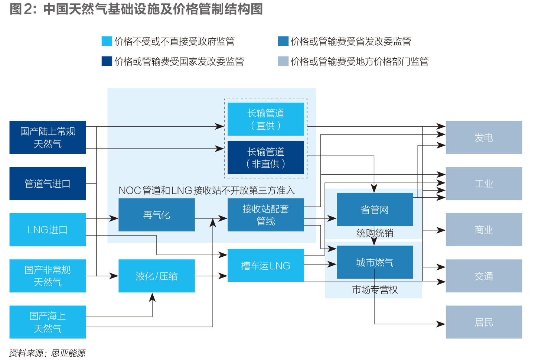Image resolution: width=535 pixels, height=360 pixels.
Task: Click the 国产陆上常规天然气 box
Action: tap(48, 137)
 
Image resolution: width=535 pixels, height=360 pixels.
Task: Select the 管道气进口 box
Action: tap(48, 184)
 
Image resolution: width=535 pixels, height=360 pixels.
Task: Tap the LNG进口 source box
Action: tap(48, 230)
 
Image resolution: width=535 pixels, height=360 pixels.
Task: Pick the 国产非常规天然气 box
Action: tap(48, 276)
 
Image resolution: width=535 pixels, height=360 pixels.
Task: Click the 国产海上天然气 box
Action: tap(48, 322)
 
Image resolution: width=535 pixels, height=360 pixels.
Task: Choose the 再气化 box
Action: tap(157, 215)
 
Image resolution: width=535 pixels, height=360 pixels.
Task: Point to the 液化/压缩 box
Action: tap(157, 276)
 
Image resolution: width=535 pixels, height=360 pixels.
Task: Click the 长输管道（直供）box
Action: tap(266, 119)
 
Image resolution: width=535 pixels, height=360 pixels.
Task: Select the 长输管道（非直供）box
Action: tap(266, 158)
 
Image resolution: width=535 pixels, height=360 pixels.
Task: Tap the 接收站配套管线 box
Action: tap(266, 215)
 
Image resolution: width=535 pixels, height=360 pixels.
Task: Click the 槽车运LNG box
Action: tap(266, 265)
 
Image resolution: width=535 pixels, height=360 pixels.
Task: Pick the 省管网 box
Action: tap(375, 210)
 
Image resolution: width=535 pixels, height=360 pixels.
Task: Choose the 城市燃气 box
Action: tap(375, 262)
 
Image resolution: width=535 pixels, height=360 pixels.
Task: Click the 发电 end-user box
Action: tap(484, 137)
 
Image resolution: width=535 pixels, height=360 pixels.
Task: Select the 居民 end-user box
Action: tap(484, 322)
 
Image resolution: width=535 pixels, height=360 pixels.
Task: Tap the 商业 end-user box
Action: tap(484, 230)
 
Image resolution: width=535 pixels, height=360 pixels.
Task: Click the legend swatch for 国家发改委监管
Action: tap(107, 61)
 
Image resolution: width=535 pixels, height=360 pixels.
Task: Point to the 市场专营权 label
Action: tap(375, 289)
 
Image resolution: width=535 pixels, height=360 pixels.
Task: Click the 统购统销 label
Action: tap(375, 233)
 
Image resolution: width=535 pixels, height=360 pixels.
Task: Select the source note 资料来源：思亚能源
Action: tap(48, 353)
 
